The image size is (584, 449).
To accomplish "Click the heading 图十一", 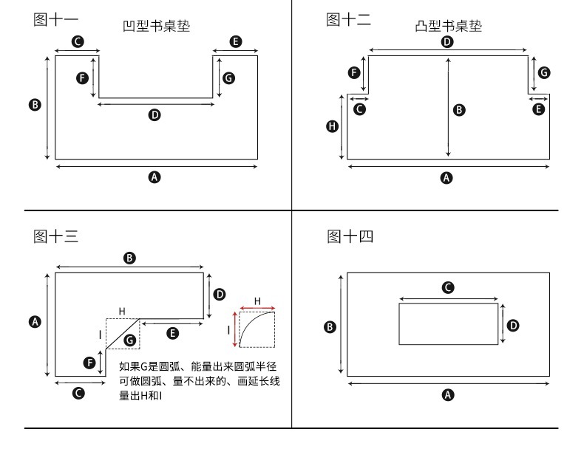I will point(56,20).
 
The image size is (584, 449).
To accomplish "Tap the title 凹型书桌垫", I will point(156,26).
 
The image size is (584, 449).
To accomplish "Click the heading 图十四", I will point(350,236).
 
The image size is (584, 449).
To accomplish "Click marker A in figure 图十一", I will point(155,176).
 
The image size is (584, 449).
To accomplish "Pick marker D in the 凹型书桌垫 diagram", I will point(155,114).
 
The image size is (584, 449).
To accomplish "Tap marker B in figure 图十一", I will point(34,104).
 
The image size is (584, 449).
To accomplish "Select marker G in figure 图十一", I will point(229,78).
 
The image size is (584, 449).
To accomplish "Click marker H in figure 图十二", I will point(332,126).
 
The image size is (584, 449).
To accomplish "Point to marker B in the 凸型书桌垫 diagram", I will point(458,110).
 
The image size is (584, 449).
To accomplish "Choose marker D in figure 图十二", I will point(447,42).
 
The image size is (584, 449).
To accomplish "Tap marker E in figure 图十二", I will point(539,109).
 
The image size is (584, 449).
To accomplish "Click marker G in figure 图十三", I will point(130,340).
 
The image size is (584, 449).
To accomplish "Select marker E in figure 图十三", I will point(172,334).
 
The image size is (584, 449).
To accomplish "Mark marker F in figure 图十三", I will point(89,363).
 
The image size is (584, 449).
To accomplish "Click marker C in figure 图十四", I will point(447,287).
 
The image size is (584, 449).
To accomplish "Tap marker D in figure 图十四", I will point(514,324).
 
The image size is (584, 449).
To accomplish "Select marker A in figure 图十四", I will point(447,394).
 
